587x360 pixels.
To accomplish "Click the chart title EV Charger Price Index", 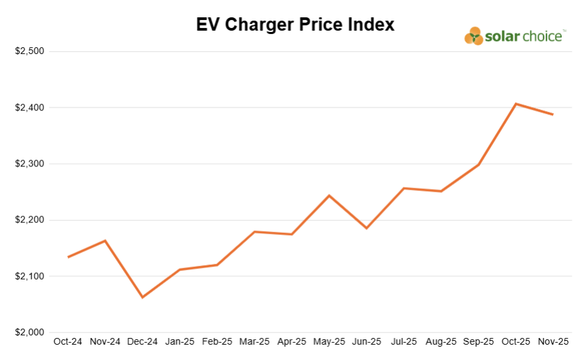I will pyautogui.click(x=295, y=25).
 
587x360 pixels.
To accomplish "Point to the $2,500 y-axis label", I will pyautogui.click(x=29, y=51).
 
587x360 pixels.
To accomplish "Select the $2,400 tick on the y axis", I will pyautogui.click(x=29, y=108).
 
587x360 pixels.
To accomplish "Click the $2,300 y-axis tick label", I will pyautogui.click(x=29, y=164).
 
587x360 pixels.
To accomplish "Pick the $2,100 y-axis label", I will pyautogui.click(x=29, y=276).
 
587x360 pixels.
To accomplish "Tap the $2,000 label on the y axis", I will pyautogui.click(x=29, y=332).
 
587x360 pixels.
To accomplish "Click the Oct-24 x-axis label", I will pyautogui.click(x=68, y=342).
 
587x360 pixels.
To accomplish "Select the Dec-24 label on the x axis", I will pyautogui.click(x=142, y=342).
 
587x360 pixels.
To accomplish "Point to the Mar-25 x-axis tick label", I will pyautogui.click(x=254, y=342).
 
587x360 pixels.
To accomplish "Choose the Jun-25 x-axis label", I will pyautogui.click(x=366, y=342).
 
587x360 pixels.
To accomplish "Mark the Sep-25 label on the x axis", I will pyautogui.click(x=478, y=342).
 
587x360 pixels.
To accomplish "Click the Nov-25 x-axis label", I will pyautogui.click(x=553, y=342).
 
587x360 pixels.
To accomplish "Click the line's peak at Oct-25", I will pyautogui.click(x=516, y=104).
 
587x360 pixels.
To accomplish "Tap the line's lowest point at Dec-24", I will pyautogui.click(x=142, y=297).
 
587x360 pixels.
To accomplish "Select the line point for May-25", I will pyautogui.click(x=329, y=196).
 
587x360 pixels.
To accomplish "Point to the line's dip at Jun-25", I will pyautogui.click(x=366, y=228).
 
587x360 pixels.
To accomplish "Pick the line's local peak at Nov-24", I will pyautogui.click(x=105, y=240).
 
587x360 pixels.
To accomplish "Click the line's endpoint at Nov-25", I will pyautogui.click(x=553, y=114).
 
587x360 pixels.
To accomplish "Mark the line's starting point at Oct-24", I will pyautogui.click(x=68, y=257).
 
